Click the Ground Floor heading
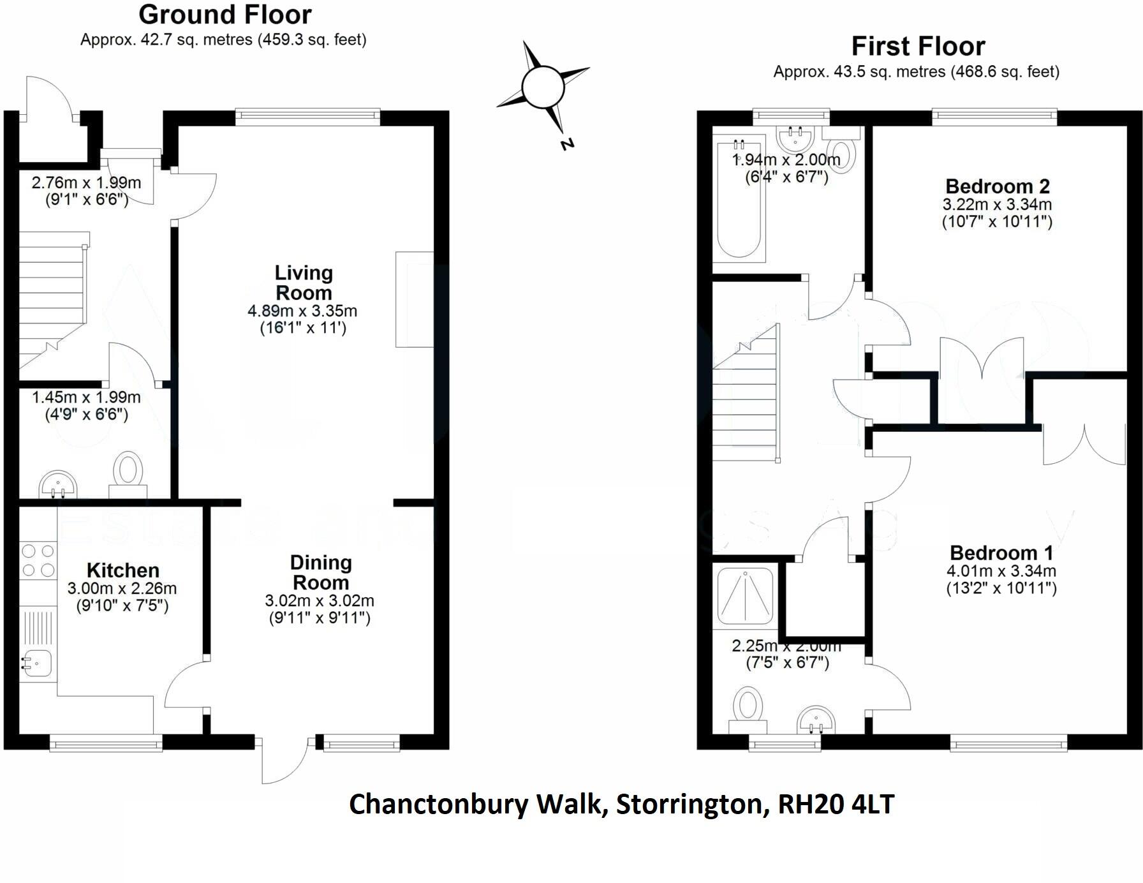225,15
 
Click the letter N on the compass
567,144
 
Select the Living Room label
304,283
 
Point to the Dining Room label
320,572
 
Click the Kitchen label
123,570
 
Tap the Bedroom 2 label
997,186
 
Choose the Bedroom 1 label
1001,553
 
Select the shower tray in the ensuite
745,596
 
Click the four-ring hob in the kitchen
38,560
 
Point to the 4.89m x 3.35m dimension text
302,311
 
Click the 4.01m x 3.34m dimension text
1001,571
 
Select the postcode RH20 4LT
836,804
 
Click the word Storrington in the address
689,804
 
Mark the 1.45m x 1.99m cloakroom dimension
86,397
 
